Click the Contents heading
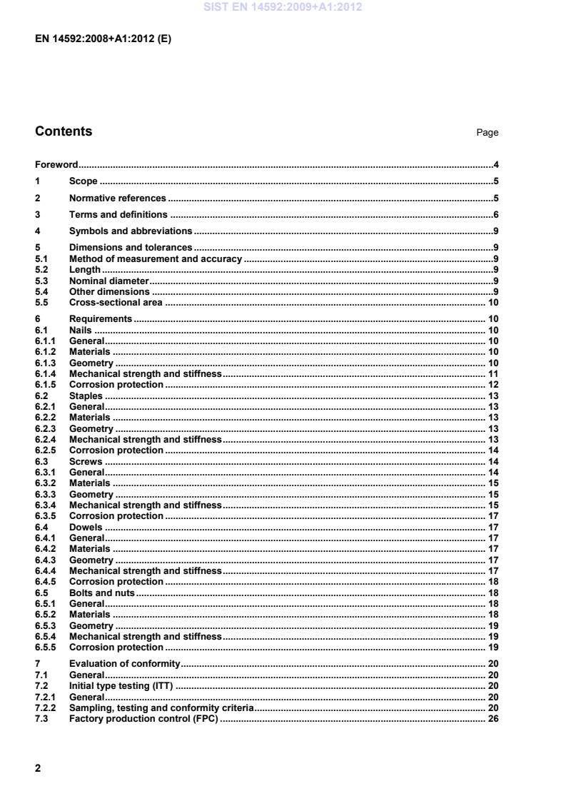[64, 131]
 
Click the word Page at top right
[487, 133]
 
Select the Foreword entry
[56, 165]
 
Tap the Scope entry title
[83, 181]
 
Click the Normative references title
[117, 198]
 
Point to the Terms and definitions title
[118, 214]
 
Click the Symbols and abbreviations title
[131, 231]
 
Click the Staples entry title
[86, 396]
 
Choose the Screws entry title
[85, 461]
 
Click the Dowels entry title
[86, 527]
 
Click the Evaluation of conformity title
[124, 664]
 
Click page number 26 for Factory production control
[492, 718]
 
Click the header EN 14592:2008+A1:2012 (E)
[103, 39]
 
